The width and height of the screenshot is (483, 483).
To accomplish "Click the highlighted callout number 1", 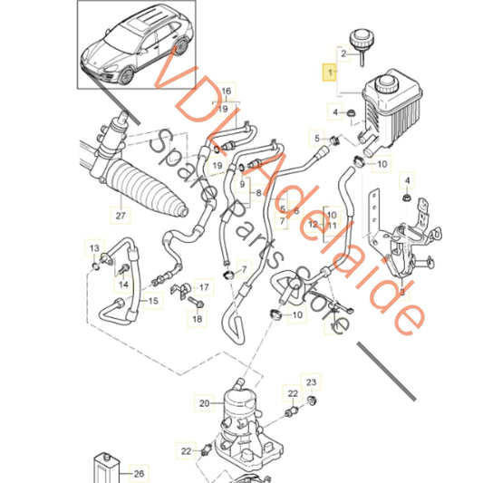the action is tap(329, 72).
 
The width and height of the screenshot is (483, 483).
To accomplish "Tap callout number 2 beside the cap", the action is tap(343, 53).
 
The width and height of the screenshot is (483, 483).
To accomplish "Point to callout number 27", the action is tap(121, 216).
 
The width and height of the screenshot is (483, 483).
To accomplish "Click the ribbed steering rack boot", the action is tap(147, 188).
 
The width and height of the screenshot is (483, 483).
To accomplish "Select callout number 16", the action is tap(227, 91).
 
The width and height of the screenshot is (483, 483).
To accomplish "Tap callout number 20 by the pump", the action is tap(204, 403).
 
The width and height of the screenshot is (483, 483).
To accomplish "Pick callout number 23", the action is tap(311, 382).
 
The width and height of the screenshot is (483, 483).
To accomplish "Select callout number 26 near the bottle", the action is tap(139, 473).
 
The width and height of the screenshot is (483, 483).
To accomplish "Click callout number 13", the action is tap(94, 248).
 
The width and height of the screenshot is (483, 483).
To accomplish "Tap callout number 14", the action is tap(123, 284).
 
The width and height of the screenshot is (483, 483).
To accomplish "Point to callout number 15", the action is tap(153, 301).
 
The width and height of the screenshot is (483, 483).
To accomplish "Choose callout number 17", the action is tap(204, 287).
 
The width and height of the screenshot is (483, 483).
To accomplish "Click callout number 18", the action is tap(198, 319).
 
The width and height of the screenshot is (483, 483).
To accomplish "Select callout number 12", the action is tap(313, 224).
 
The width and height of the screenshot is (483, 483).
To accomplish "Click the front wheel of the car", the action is tap(126, 76).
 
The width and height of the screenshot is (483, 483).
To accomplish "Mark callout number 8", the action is tap(258, 193).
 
